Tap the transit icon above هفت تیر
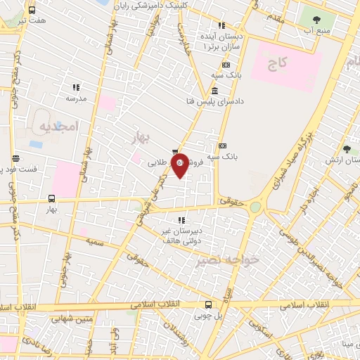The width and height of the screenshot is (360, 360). coord(32,10)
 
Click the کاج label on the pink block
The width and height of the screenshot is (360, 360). coord(278,63)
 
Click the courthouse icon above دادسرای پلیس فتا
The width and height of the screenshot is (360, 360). coord(214,91)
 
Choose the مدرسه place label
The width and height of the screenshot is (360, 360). coord(76,99)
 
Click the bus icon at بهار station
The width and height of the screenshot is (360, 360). coord(51,199)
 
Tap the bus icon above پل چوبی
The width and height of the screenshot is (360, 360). coord(208,304)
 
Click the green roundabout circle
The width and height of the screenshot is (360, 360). coord(255,207)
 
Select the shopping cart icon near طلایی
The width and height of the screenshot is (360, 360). coord(174,150)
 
